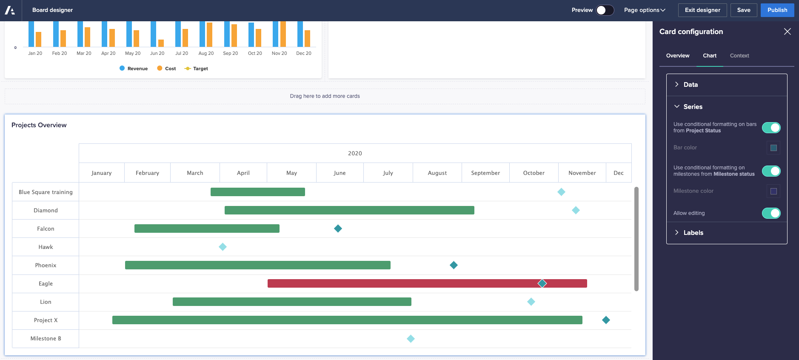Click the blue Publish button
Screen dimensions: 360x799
click(x=777, y=10)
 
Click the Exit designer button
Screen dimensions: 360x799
click(x=702, y=10)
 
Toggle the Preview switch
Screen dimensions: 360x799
click(x=605, y=10)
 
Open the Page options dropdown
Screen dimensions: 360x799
click(x=644, y=10)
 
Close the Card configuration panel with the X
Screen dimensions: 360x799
click(x=787, y=31)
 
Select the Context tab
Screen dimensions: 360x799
click(x=739, y=56)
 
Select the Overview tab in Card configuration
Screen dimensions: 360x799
click(x=677, y=56)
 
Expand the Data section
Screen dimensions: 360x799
click(x=690, y=85)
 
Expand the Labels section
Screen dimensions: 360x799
click(x=693, y=233)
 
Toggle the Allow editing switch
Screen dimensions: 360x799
click(x=771, y=213)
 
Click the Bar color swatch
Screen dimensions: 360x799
click(x=773, y=148)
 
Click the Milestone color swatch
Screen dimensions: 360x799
click(x=773, y=191)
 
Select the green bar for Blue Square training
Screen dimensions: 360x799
click(x=257, y=192)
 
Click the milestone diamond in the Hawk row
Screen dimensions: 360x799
click(x=223, y=247)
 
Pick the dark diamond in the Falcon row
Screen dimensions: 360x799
click(x=338, y=229)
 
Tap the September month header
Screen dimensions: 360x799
click(x=485, y=173)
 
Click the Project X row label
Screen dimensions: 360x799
click(x=46, y=320)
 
